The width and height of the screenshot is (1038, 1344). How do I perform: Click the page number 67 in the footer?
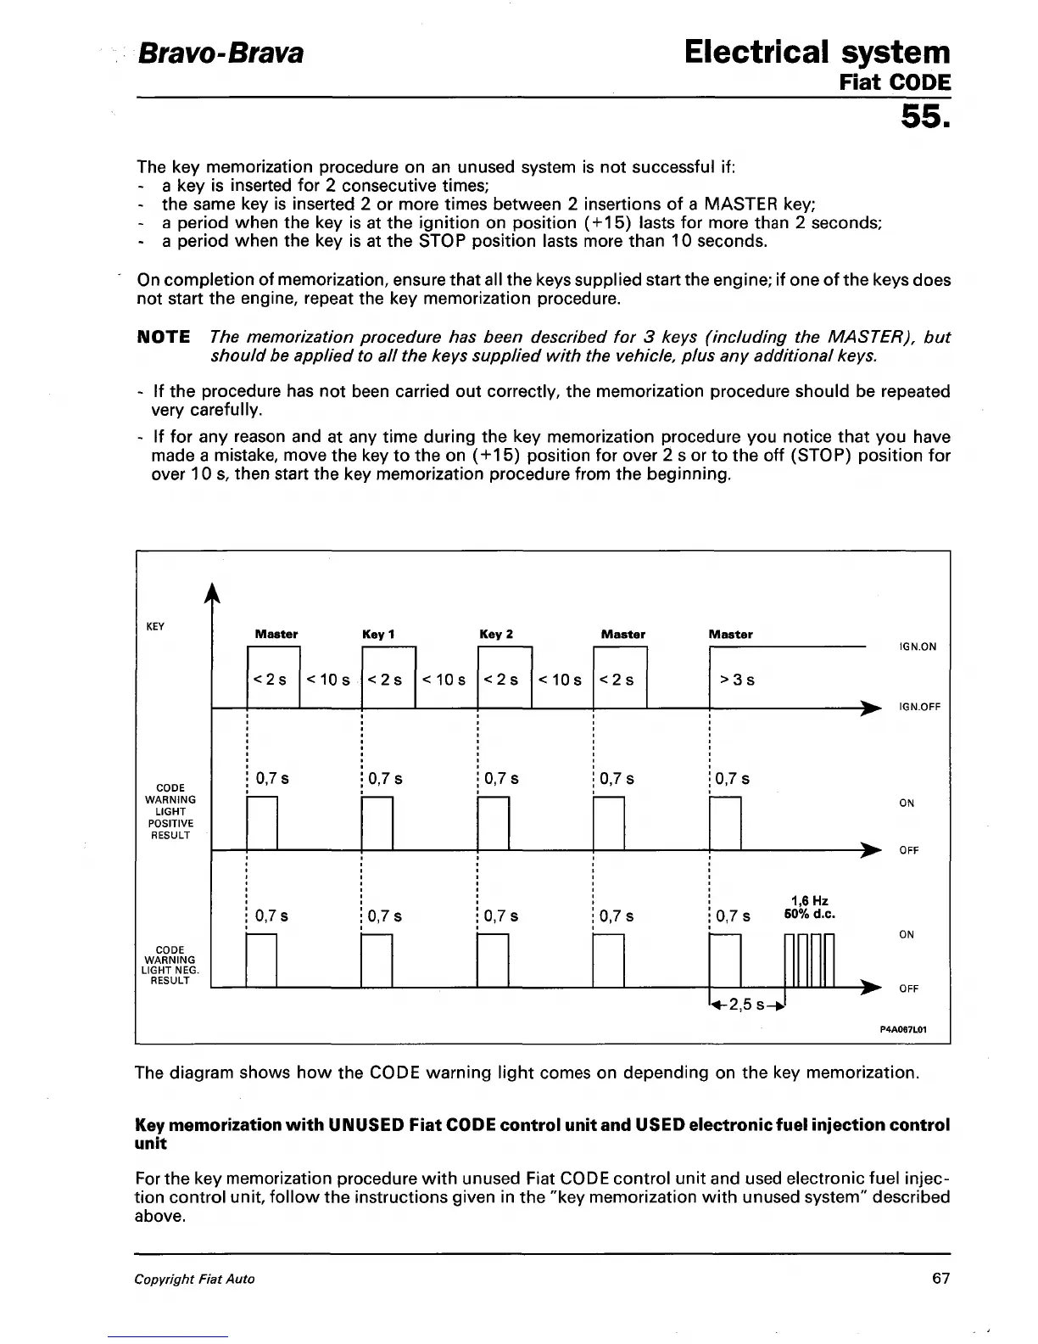click(940, 1279)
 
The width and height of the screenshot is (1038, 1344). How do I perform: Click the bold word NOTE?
click(164, 337)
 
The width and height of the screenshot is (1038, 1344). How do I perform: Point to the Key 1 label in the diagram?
click(378, 635)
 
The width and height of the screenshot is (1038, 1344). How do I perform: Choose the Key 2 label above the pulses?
click(496, 635)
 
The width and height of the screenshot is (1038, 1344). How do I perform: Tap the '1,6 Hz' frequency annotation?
click(809, 900)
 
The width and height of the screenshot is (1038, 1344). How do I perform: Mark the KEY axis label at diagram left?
click(154, 626)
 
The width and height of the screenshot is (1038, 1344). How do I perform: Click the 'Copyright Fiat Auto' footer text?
click(194, 1280)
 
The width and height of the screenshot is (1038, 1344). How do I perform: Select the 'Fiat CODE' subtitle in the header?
click(895, 83)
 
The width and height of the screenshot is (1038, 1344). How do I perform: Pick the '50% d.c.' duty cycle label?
click(810, 914)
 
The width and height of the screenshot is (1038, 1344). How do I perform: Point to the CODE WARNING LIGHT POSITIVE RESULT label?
click(170, 811)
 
